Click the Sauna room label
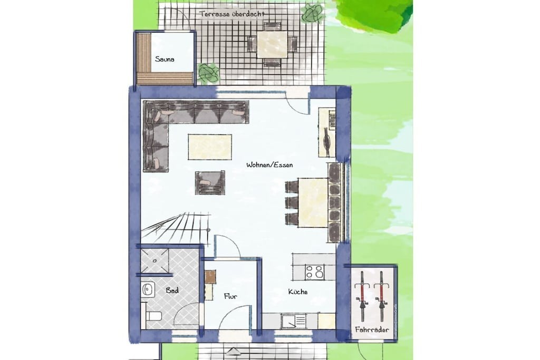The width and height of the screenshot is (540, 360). pos(165,59)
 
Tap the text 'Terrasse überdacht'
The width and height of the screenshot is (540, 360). pos(233,14)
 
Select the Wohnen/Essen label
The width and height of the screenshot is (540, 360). pos(269,165)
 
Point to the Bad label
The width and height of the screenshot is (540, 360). pos(172,290)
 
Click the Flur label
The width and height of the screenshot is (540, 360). pos(230,296)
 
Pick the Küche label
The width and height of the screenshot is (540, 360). pos(298,292)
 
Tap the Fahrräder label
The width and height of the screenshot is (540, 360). pos(372,330)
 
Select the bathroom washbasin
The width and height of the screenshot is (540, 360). pos(148,290)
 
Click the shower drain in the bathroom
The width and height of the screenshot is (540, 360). pos(155,261)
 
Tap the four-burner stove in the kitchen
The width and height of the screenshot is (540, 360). pos(314,271)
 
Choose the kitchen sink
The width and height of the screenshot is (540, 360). pos(293,322)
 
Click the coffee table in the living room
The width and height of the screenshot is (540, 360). pos(210,147)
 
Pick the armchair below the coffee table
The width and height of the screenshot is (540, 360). pos(210,182)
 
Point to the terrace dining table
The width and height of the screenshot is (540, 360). pos(272,44)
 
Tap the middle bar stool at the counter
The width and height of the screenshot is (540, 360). pos(292,202)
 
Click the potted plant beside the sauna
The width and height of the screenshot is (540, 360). pos(208,73)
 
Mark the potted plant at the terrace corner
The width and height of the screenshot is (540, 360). pos(313,13)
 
